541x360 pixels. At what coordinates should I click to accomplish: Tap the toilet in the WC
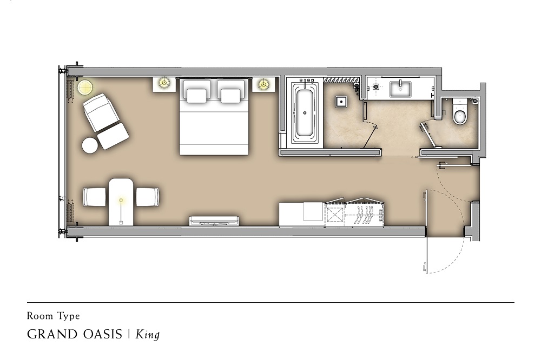(x=459, y=111)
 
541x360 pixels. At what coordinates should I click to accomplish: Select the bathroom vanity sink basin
(x=400, y=89)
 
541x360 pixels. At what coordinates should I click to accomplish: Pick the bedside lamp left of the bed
(x=164, y=83)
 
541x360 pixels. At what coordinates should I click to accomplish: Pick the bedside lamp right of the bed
(x=263, y=83)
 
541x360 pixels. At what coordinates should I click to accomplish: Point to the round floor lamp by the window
(x=85, y=87)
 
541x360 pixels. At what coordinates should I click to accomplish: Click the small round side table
(x=90, y=145)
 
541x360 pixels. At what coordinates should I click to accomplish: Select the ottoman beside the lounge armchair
(x=113, y=136)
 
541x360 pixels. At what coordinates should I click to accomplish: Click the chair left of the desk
(x=95, y=197)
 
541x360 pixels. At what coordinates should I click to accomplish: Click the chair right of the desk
(x=148, y=197)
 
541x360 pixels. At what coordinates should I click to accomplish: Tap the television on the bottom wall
(x=214, y=221)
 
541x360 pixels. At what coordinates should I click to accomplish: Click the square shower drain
(x=341, y=102)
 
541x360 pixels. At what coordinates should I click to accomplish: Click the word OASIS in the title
(x=103, y=335)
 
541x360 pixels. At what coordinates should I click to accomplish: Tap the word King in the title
(x=147, y=335)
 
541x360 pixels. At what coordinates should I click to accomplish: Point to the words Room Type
(x=54, y=316)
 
